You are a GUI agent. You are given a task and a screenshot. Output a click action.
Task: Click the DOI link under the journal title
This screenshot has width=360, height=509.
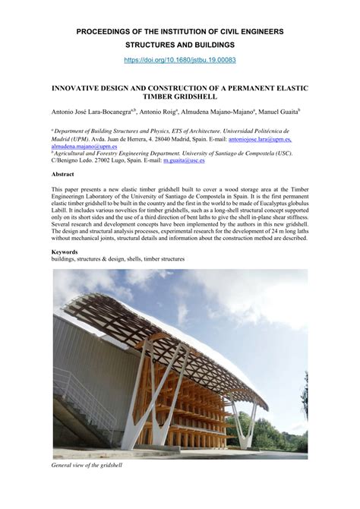(x=179, y=58)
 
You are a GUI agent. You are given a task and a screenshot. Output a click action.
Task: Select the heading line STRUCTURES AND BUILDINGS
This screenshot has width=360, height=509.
(x=179, y=45)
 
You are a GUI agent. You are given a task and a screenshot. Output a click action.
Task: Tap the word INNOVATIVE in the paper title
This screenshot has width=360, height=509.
(x=83, y=88)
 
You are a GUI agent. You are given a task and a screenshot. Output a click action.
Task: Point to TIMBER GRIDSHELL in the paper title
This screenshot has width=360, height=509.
(x=179, y=97)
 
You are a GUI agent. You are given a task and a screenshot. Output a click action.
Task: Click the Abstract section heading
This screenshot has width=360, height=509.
(x=63, y=174)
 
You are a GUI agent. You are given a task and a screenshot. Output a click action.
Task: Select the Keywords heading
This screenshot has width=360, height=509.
(x=65, y=251)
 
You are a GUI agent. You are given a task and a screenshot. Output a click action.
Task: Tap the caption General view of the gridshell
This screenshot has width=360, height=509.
(x=87, y=465)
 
